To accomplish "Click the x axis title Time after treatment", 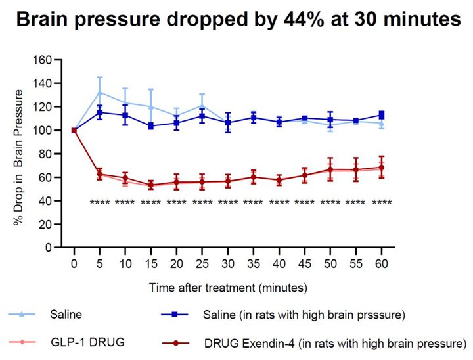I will click(x=227, y=287).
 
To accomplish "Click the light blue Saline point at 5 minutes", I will click(x=100, y=92).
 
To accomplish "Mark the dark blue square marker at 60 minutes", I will click(x=381, y=115).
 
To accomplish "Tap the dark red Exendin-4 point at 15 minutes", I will click(x=151, y=185).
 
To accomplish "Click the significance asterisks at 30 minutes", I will click(x=227, y=202).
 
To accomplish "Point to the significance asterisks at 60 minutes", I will click(x=381, y=202).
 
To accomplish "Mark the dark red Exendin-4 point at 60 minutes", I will click(x=381, y=168).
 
